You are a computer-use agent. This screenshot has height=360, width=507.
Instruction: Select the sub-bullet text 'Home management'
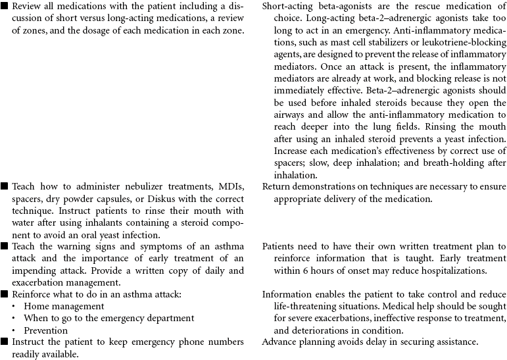point(64,306)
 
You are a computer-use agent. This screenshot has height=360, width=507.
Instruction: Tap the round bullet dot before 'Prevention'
point(13,330)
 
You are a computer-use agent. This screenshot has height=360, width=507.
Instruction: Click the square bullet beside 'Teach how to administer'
point(5,186)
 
